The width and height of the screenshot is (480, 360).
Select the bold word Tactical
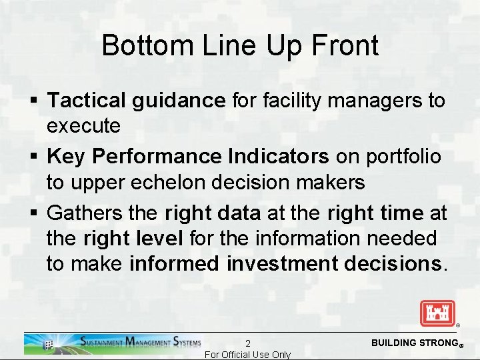click(x=87, y=101)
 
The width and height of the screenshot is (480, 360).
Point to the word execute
click(x=83, y=125)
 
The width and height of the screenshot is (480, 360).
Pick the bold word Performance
click(x=157, y=157)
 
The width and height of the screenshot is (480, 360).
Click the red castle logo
click(x=437, y=313)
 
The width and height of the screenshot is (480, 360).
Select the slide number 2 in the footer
click(x=247, y=343)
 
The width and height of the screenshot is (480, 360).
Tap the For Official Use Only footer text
click(x=247, y=355)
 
